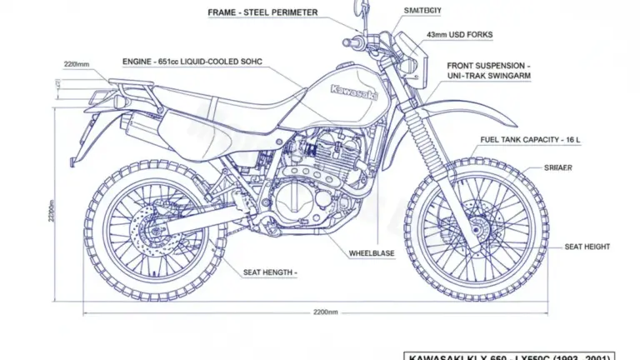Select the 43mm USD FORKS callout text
point(459,35)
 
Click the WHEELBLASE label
point(372,252)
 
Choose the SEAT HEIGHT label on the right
point(587,247)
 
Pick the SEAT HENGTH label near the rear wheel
point(270,272)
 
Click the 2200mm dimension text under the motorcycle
point(325,312)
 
